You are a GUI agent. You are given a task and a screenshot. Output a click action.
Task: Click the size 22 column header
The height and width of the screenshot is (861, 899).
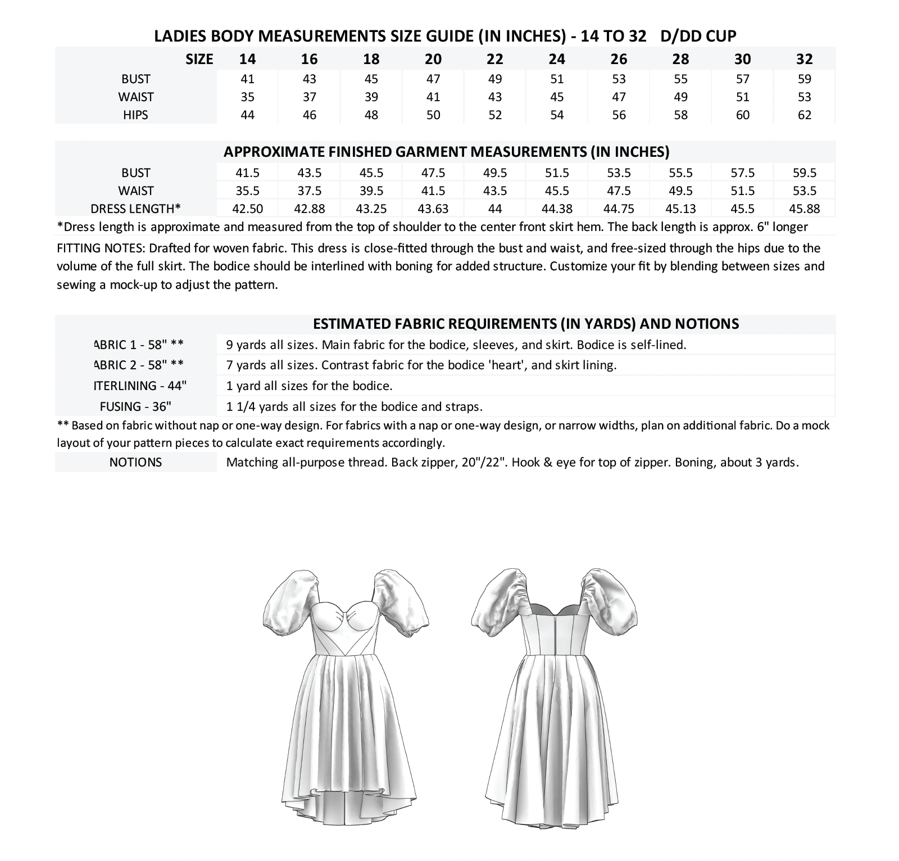point(495,59)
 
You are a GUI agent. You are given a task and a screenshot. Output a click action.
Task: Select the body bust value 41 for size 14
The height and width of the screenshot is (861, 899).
point(247,79)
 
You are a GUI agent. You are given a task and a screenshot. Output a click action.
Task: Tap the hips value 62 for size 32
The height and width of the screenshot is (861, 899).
point(804,115)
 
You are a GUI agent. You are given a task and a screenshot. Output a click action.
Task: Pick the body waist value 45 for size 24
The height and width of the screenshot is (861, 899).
point(557,97)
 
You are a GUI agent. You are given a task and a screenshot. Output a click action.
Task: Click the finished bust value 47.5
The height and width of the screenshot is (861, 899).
point(433,173)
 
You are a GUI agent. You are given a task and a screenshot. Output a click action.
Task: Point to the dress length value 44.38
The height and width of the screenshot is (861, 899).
point(557,209)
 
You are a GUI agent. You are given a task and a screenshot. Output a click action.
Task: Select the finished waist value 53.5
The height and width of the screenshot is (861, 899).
point(804,191)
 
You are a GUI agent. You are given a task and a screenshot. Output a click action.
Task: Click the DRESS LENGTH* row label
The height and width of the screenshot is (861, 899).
point(135,209)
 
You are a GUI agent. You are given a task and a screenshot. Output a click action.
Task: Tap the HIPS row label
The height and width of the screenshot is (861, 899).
point(135,115)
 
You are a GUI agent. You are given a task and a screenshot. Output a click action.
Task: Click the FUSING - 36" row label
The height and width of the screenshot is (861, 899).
point(135,406)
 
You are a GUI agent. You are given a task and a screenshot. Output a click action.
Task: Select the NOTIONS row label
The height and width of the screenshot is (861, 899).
point(135,462)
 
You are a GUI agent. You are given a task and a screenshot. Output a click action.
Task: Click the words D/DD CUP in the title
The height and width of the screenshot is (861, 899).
point(698,36)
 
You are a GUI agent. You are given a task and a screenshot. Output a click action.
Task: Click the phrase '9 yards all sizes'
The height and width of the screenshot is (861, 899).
point(271,345)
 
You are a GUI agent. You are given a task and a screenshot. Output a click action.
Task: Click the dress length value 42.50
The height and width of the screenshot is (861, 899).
point(247,209)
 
